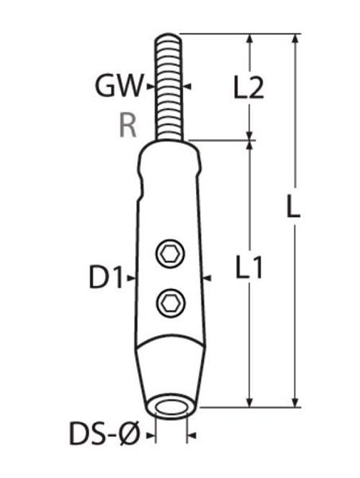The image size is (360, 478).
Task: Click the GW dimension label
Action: click(119, 86)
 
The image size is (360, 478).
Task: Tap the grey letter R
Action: click(127, 125)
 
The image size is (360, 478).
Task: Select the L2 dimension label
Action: click(248, 87)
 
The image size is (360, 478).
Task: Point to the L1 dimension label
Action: click(249, 268)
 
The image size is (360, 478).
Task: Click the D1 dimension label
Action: click(106, 277)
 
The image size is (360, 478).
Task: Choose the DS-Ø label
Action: click(104, 433)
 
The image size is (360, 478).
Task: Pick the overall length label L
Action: click(293, 206)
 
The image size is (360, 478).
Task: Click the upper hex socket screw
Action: click(170, 253)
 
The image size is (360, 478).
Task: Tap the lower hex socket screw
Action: click(171, 304)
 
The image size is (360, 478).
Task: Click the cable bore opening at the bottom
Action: click(170, 408)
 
